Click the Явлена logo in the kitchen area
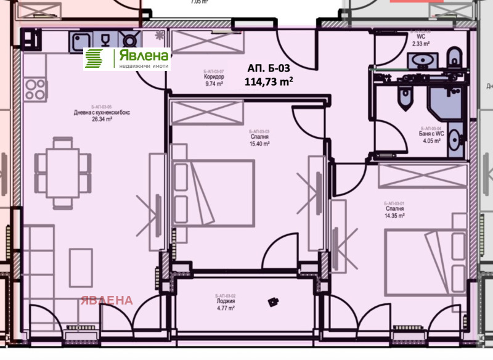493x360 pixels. (127, 59)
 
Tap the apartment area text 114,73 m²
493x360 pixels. (269, 81)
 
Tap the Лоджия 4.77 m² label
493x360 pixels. (226, 304)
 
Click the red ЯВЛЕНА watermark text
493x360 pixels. (105, 301)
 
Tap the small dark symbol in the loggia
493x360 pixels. (271, 302)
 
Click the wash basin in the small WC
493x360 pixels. (423, 59)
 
